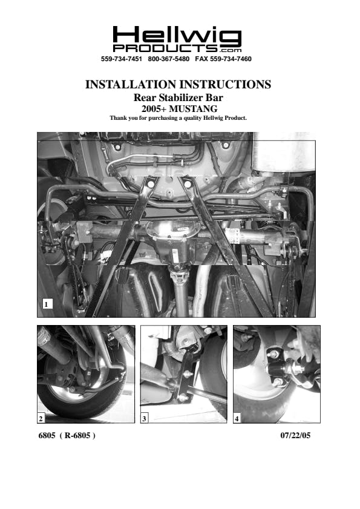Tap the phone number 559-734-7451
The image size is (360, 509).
(122, 59)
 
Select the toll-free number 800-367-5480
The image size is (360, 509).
(168, 59)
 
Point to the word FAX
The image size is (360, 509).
(202, 59)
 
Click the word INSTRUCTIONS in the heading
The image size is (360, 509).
(225, 84)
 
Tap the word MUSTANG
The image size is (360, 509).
(193, 108)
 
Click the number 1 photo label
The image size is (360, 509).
(47, 304)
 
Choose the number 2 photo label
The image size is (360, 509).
(41, 418)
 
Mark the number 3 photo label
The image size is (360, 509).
(144, 418)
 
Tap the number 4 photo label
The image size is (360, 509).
(237, 418)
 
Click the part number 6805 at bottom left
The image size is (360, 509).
(47, 435)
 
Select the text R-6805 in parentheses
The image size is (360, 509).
(77, 435)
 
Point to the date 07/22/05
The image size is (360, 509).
(295, 435)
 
